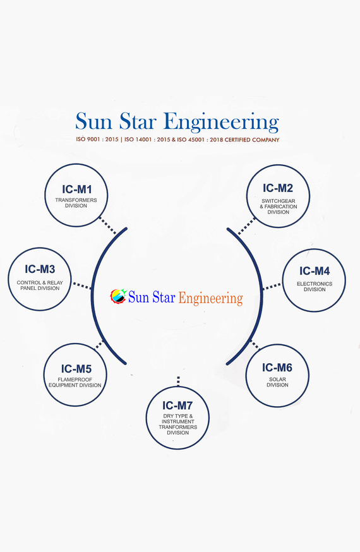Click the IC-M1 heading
(76, 189)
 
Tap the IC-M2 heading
(278, 188)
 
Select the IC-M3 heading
(40, 269)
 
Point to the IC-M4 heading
(315, 271)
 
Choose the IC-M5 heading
(76, 369)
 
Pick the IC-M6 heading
(277, 368)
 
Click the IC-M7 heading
(177, 406)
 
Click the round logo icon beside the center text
(118, 296)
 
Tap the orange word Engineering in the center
(210, 298)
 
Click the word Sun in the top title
(93, 121)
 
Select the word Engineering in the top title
(221, 123)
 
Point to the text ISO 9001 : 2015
(97, 140)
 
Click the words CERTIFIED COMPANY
(252, 140)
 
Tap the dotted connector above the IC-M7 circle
(178, 381)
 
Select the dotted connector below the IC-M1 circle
(107, 225)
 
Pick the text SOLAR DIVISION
(277, 382)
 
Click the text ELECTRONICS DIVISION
(315, 287)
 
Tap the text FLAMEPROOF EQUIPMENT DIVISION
(75, 383)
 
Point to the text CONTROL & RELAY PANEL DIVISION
(40, 285)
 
